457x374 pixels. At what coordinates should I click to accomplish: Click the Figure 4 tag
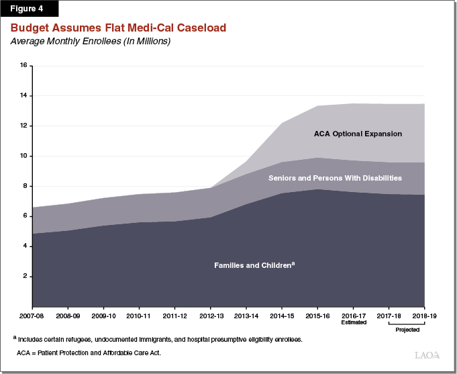[x=30, y=9]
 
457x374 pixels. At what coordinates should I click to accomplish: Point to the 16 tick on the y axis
[x=23, y=66]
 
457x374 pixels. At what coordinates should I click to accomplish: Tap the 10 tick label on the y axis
[x=23, y=156]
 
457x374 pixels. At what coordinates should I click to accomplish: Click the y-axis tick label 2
[x=25, y=276]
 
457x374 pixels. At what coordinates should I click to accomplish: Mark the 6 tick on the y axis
[x=25, y=216]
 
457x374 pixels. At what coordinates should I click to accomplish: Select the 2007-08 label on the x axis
[x=32, y=314]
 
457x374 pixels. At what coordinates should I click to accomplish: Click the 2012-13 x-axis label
[x=210, y=314]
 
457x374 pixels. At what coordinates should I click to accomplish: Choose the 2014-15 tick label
[x=281, y=314]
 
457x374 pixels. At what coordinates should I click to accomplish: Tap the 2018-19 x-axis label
[x=424, y=314]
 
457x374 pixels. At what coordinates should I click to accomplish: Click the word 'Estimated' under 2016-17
[x=353, y=322]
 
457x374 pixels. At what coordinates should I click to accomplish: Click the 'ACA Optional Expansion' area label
[x=358, y=134]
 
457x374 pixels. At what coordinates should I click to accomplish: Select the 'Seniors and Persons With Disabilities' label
[x=335, y=178]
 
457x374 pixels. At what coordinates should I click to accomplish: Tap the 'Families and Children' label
[x=254, y=265]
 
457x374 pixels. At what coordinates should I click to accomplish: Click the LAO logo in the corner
[x=425, y=355]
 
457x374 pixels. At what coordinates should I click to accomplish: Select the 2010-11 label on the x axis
[x=139, y=314]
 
